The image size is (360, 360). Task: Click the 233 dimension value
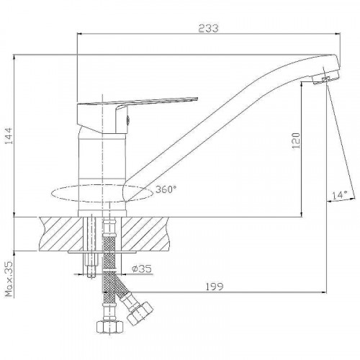click(x=209, y=28)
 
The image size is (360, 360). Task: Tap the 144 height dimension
click(x=9, y=136)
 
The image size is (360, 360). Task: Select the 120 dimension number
click(x=296, y=140)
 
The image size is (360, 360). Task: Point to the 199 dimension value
click(x=215, y=287)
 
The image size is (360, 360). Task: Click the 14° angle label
click(x=340, y=195)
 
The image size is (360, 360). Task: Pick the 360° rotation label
click(x=166, y=189)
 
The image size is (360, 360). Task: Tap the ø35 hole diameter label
click(x=142, y=269)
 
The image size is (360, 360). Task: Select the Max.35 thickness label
click(x=9, y=279)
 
